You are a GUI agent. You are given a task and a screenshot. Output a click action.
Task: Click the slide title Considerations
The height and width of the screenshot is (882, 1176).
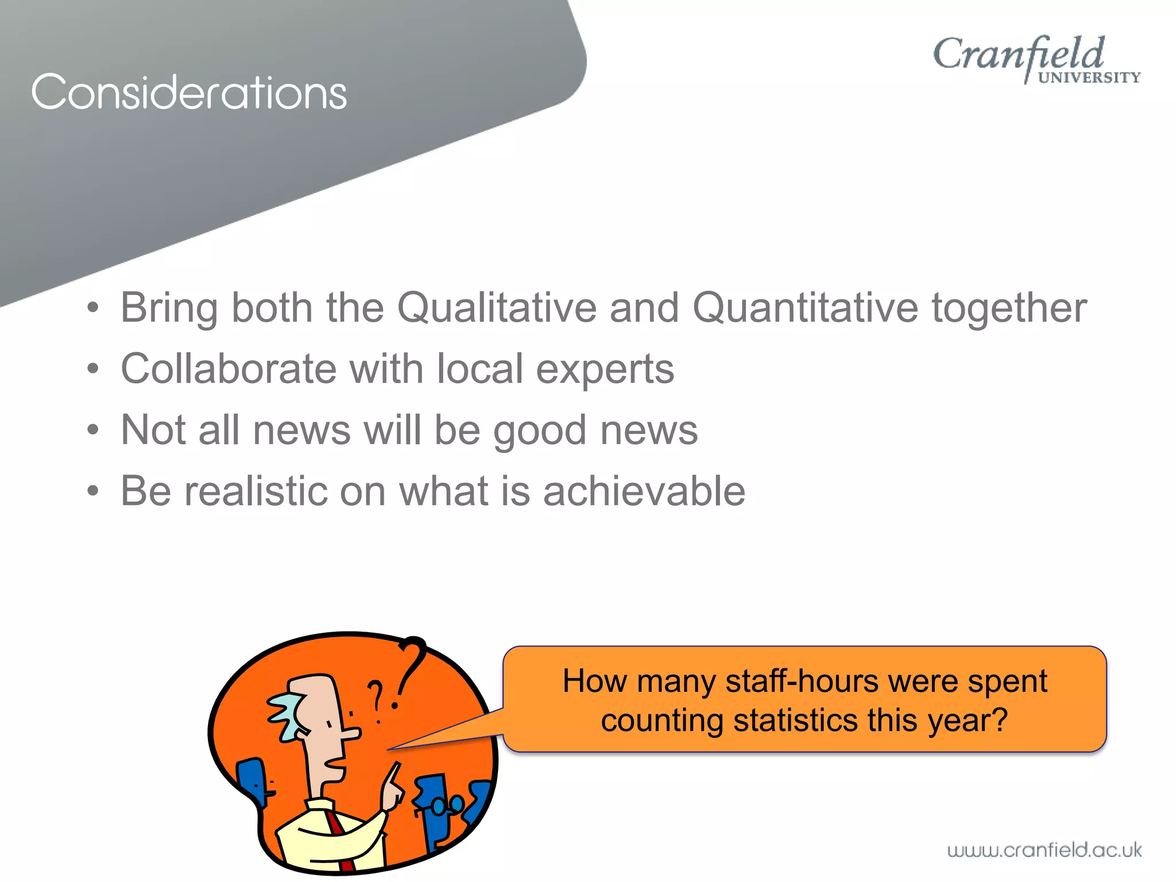pyautogui.click(x=189, y=92)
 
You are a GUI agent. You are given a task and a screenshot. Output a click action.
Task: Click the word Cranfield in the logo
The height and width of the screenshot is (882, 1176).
pyautogui.click(x=1018, y=54)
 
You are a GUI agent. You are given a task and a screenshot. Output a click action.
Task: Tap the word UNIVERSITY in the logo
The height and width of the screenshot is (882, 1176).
pyautogui.click(x=1089, y=78)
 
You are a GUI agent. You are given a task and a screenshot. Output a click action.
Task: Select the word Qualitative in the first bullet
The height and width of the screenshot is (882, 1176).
pyautogui.click(x=497, y=308)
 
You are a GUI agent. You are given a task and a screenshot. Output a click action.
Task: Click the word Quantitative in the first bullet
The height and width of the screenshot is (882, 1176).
pyautogui.click(x=805, y=308)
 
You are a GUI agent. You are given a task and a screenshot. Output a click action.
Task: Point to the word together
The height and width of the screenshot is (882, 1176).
pyautogui.click(x=1009, y=309)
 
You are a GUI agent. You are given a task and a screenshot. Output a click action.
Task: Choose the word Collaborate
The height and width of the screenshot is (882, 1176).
pyautogui.click(x=229, y=369)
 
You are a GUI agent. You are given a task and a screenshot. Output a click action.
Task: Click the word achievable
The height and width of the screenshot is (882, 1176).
pyautogui.click(x=644, y=492)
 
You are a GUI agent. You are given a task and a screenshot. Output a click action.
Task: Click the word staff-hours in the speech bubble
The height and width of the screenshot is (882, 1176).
pyautogui.click(x=802, y=682)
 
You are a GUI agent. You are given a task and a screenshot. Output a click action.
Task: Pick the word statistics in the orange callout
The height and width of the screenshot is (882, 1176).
pyautogui.click(x=795, y=721)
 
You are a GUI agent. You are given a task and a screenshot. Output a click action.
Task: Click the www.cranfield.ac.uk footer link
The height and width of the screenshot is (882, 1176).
pyautogui.click(x=1044, y=850)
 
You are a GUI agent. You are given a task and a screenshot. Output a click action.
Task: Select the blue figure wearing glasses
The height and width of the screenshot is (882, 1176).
pyautogui.click(x=436, y=810)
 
